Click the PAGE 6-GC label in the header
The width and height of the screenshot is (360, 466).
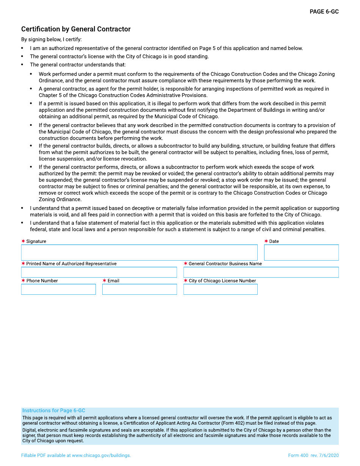[x=324, y=12]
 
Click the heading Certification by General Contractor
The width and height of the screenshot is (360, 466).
[x=76, y=29]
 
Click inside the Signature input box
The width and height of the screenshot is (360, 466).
[x=139, y=252]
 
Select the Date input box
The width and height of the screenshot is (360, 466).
[x=301, y=252]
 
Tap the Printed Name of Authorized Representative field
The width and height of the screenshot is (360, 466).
[x=99, y=272]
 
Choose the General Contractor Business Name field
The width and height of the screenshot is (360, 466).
[x=261, y=272]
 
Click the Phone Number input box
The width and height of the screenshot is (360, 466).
[x=58, y=289]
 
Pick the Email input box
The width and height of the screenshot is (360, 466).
[x=139, y=289]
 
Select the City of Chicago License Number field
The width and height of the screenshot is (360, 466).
[x=220, y=289]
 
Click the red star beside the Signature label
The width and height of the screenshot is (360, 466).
[x=23, y=241]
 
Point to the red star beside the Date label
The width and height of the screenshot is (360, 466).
[x=266, y=241]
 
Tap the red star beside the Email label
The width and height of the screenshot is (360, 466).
[x=104, y=281]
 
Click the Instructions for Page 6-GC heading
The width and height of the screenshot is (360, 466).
[x=54, y=411]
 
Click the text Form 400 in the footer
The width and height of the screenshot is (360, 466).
[x=298, y=455]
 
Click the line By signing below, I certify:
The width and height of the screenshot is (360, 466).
[x=51, y=39]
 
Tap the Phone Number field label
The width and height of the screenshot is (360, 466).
[x=42, y=281]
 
